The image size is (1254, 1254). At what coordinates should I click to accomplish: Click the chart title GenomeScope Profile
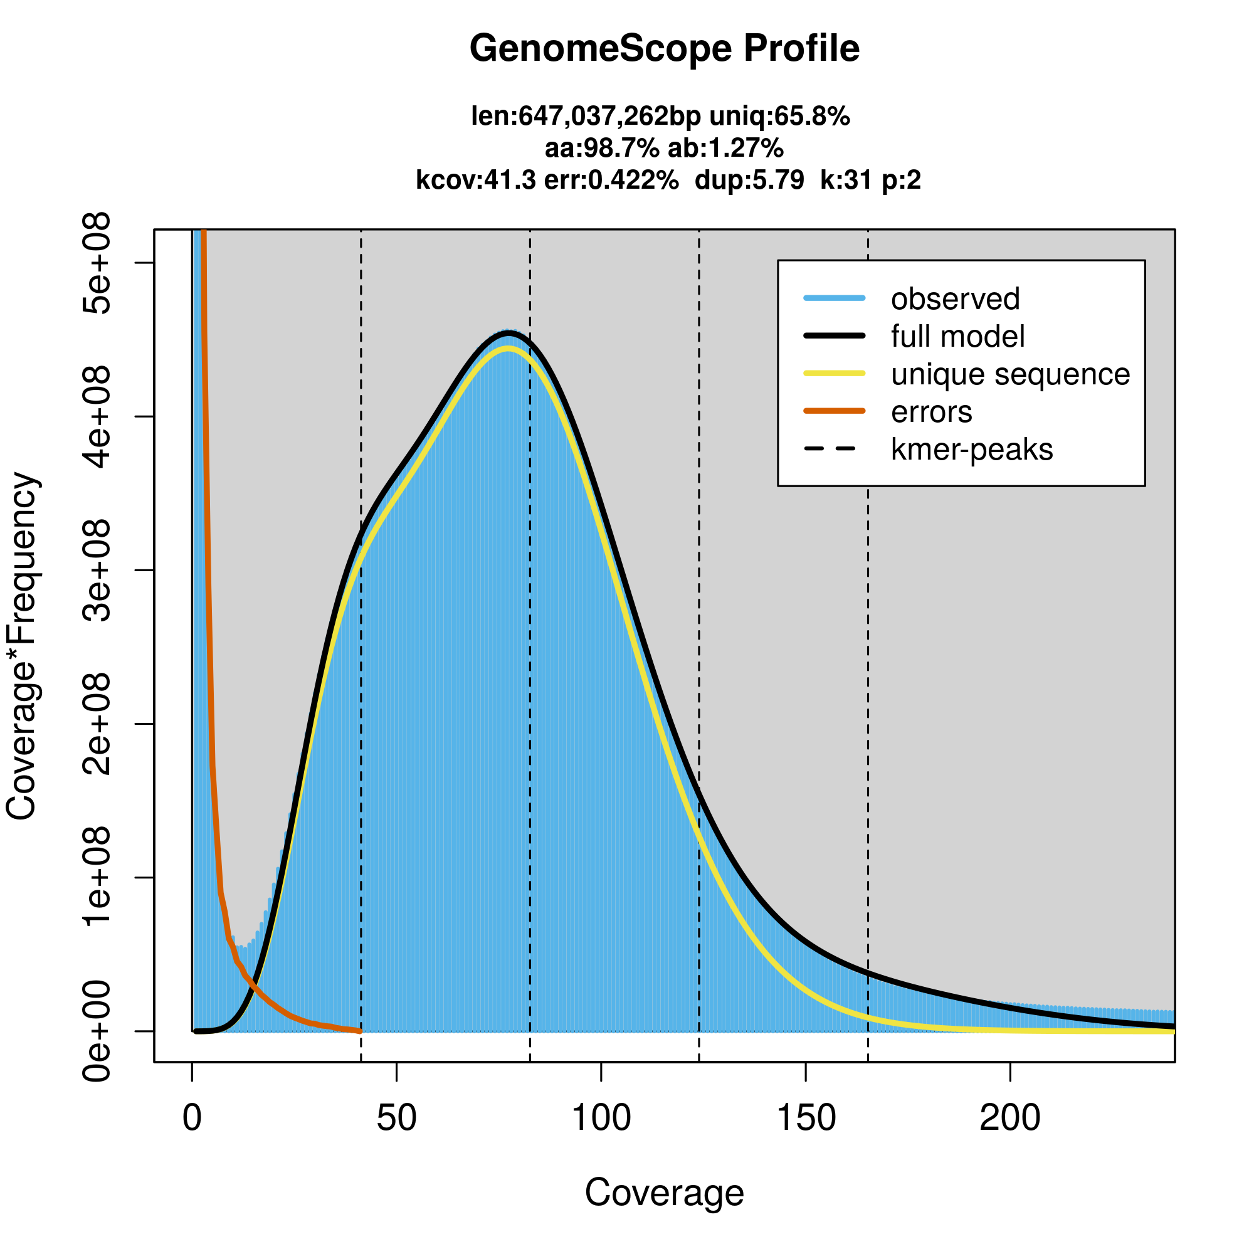[664, 49]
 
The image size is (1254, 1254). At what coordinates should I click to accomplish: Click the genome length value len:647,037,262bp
[586, 117]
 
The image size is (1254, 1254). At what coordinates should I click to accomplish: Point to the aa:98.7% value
[601, 149]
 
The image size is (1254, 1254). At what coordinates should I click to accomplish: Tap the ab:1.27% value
[725, 149]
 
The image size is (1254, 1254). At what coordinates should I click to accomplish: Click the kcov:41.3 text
[476, 181]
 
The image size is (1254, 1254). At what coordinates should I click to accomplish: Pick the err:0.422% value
[611, 181]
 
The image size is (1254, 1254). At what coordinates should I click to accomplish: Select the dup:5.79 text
[749, 181]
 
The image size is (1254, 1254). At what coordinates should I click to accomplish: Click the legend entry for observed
[955, 299]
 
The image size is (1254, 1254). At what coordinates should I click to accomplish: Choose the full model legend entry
[957, 337]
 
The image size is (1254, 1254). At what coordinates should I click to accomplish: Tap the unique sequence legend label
[1010, 374]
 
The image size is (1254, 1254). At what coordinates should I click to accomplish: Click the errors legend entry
[932, 412]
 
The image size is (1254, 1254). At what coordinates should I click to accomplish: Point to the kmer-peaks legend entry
[972, 450]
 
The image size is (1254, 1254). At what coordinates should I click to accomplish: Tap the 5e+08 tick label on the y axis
[97, 263]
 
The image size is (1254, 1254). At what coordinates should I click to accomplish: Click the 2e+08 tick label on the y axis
[97, 724]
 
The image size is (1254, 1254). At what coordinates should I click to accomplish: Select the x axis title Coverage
[664, 1193]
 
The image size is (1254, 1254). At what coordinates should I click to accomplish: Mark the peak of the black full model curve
[510, 334]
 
